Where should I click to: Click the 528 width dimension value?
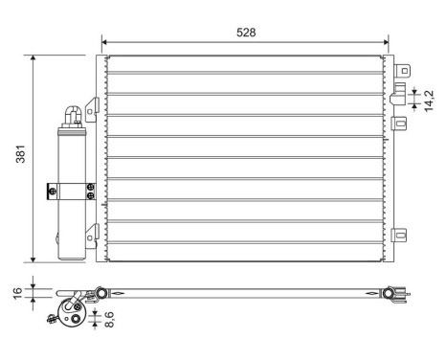[246, 33]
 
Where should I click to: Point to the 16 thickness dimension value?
[16, 292]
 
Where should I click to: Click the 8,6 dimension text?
[110, 320]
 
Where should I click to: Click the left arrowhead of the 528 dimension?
[105, 42]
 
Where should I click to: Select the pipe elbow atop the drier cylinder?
[71, 114]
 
